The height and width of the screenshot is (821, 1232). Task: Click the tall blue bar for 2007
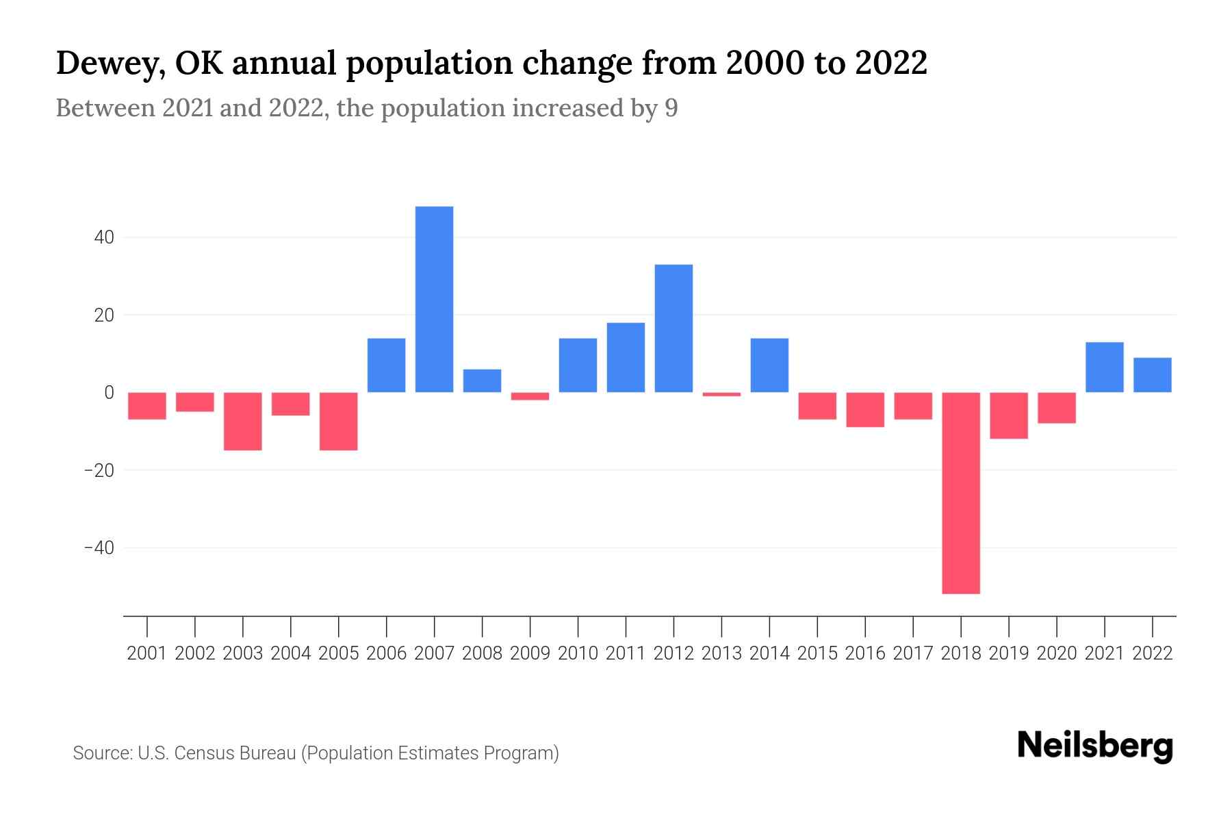(434, 299)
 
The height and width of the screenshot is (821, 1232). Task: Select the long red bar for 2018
(961, 493)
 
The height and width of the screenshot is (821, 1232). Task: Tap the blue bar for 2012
(673, 328)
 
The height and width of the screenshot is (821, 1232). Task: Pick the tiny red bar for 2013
(721, 394)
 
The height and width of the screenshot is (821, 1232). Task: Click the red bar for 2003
(243, 421)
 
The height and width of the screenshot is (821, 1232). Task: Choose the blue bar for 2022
(1153, 375)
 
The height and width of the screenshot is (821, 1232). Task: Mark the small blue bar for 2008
(482, 381)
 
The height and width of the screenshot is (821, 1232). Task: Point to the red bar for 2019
(1009, 415)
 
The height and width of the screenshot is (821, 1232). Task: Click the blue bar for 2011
(626, 357)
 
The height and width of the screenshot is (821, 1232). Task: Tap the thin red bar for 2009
(530, 396)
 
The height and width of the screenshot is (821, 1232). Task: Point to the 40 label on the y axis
(104, 238)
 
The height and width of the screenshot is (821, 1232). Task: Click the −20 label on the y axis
(99, 471)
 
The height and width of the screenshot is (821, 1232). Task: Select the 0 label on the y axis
(109, 393)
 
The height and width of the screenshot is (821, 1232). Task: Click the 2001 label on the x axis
(147, 653)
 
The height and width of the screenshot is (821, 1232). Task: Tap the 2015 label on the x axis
(817, 653)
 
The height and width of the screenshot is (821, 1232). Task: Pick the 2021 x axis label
(1105, 653)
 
